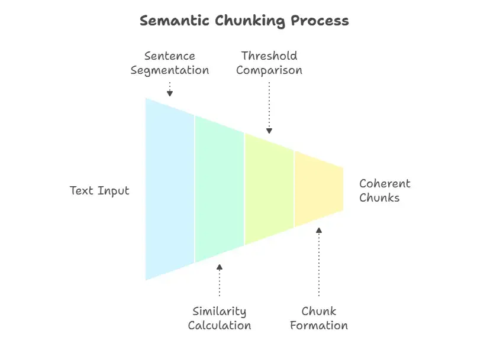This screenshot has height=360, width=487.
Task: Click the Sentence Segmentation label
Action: [170, 63]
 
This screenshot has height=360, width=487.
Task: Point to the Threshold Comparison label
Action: [269, 63]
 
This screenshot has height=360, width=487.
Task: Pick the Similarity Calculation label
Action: [220, 319]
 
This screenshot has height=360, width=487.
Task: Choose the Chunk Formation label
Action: [319, 319]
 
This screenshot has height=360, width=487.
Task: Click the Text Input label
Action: [99, 190]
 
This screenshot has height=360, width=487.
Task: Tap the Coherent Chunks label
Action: [385, 190]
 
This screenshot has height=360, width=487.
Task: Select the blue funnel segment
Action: [170, 189]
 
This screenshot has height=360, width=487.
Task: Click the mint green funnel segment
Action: [220, 189]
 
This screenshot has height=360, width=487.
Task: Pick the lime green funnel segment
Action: [269, 189]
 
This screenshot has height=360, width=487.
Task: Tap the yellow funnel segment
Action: [319, 189]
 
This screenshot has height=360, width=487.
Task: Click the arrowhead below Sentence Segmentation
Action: [170, 93]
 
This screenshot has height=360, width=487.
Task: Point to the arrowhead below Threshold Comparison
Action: [269, 130]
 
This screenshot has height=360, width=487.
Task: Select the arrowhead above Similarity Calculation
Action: [220, 267]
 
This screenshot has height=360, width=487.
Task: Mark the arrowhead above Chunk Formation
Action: [319, 231]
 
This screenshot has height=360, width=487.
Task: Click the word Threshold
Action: [269, 56]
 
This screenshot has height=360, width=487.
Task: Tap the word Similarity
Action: [220, 312]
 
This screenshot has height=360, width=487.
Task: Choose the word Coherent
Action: [385, 183]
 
